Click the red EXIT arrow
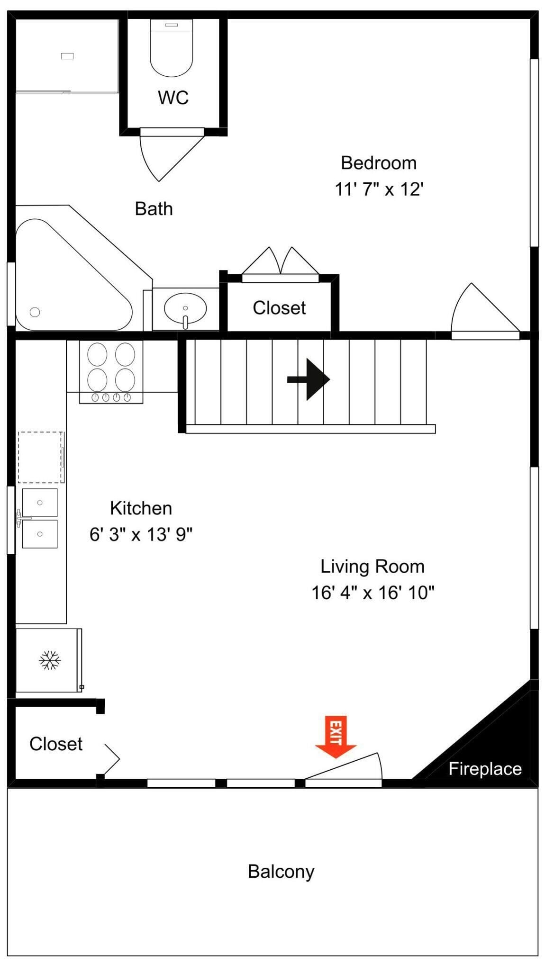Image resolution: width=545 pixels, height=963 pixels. pos(336,736)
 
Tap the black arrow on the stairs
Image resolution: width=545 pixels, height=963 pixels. pos(309,379)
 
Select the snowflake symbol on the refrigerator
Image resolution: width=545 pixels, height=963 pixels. pos(50,660)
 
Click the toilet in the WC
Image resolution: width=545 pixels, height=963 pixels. pos(172,47)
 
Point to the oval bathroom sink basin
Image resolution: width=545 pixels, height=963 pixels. pos(185,308)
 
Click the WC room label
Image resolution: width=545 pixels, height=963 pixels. pos(173,98)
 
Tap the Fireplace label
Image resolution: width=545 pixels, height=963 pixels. pos(485,768)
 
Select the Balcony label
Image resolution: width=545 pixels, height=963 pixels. pos(281,872)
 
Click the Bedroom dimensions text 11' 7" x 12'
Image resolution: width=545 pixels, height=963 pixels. pos(379,189)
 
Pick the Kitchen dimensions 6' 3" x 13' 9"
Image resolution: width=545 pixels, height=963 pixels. pos(141,534)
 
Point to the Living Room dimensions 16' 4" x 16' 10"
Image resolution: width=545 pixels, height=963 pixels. pos(372,592)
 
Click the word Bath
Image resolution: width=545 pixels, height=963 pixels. pos(154,208)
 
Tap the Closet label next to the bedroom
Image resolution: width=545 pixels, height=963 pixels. pos(279,308)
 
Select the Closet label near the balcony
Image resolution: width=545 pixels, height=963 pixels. pos(56,744)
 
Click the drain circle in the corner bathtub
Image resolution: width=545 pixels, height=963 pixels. pos(35,312)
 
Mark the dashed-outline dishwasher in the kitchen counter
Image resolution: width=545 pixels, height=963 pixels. pos(40,457)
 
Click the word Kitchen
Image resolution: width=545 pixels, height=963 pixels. pos(141,508)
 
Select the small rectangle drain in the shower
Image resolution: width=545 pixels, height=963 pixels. pos(67,56)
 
